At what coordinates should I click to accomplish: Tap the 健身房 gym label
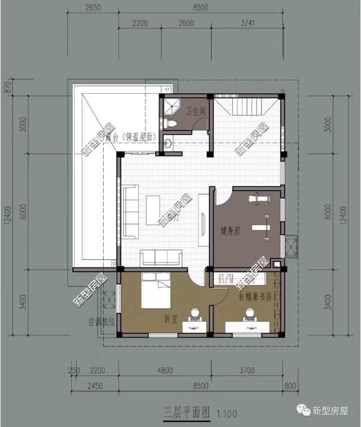coord(230,230)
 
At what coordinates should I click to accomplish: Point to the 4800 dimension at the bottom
coord(165,371)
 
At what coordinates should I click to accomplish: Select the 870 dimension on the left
coord(7,87)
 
